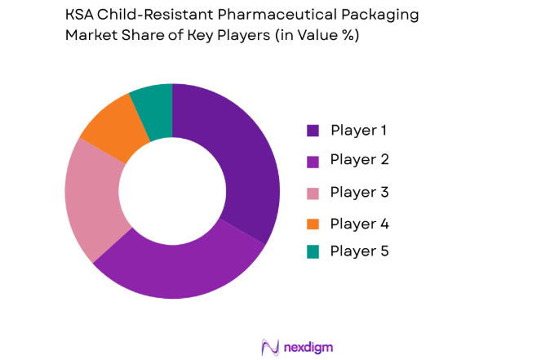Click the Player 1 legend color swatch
(x=313, y=131)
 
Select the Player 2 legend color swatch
(x=313, y=161)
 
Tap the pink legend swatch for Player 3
(x=313, y=192)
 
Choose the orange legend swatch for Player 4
(x=313, y=222)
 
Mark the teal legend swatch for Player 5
(x=313, y=252)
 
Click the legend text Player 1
(x=359, y=131)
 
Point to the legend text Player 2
(x=359, y=161)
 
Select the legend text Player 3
(x=359, y=192)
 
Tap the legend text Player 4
(x=359, y=222)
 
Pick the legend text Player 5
(x=359, y=252)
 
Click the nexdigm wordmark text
(x=309, y=347)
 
